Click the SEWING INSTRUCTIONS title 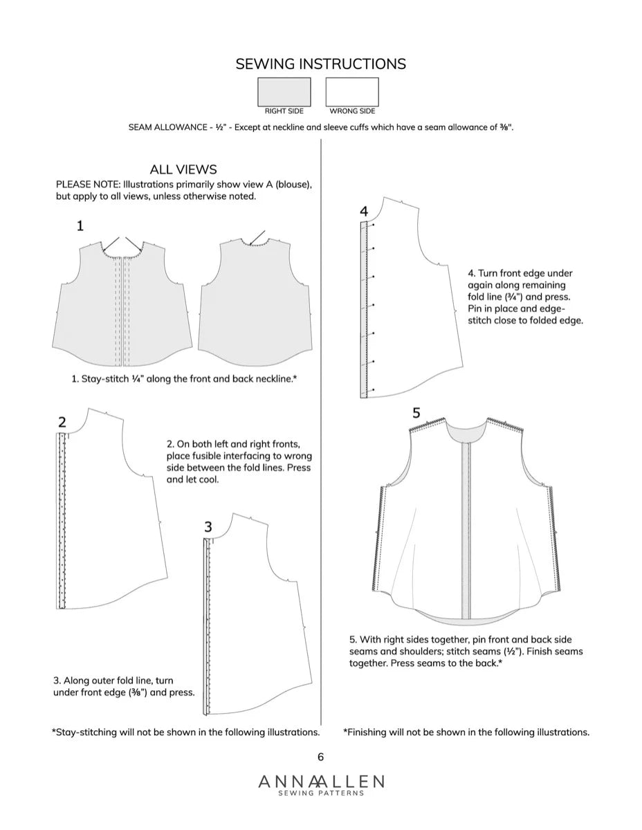click(320, 64)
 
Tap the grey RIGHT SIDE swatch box click(284, 91)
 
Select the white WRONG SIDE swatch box click(352, 91)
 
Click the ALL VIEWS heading click(183, 169)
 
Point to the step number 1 click(80, 225)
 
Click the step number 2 click(62, 422)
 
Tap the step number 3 click(208, 527)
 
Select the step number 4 click(364, 211)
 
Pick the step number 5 click(416, 413)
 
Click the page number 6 click(320, 757)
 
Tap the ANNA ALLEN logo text click(321, 782)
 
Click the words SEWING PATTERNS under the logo click(321, 793)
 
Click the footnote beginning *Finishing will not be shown click(466, 732)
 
